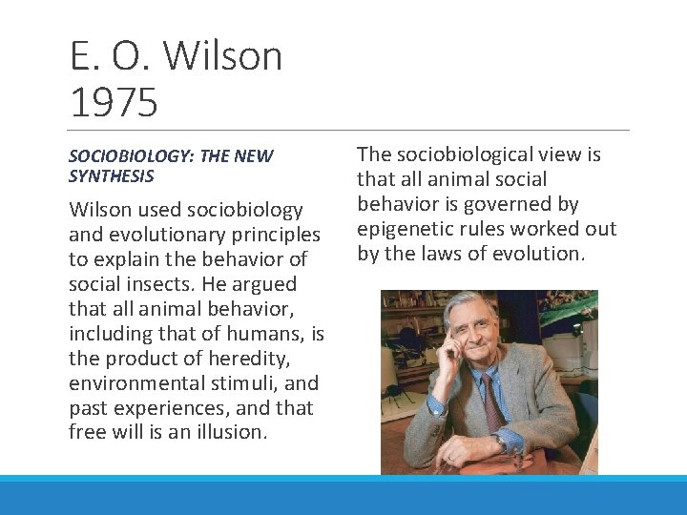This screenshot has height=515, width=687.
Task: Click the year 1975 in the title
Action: [x=114, y=102]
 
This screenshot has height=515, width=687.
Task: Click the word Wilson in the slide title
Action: [x=224, y=57]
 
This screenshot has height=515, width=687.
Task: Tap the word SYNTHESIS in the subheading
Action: [x=112, y=176]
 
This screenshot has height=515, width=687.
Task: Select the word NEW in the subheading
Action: [x=254, y=156]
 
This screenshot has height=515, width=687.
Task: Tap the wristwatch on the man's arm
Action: [x=500, y=443]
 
